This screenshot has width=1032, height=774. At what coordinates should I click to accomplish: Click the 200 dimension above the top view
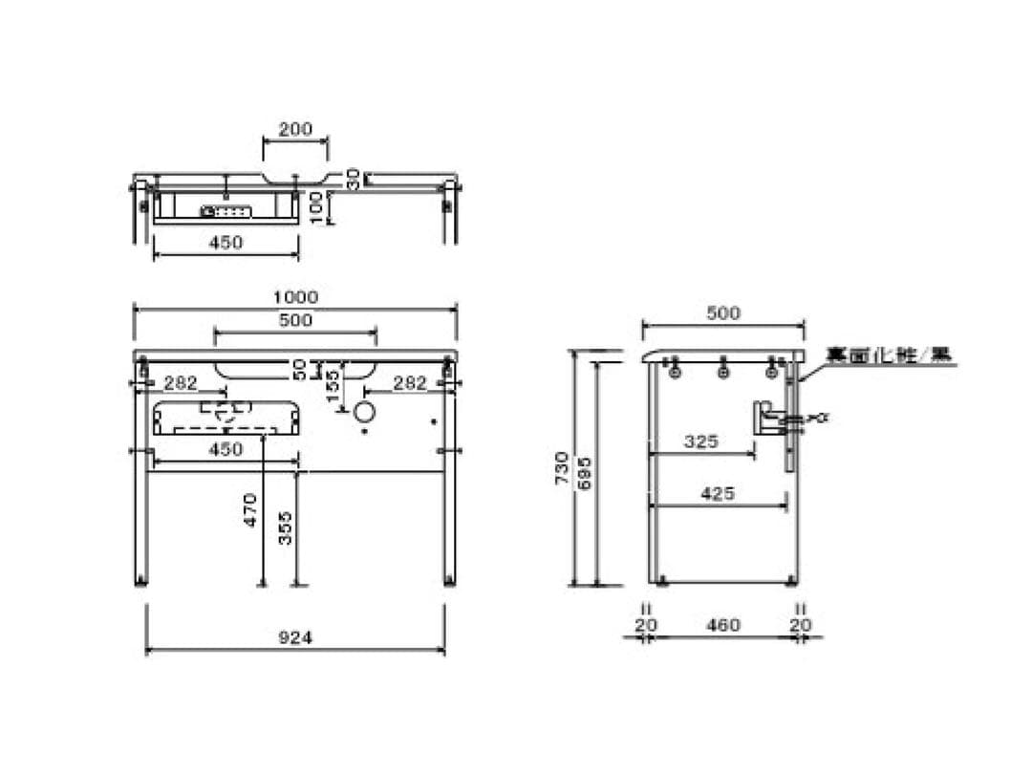tap(295, 129)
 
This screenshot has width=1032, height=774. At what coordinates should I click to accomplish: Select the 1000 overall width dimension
tap(295, 297)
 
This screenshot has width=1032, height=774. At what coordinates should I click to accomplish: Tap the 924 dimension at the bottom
tap(295, 636)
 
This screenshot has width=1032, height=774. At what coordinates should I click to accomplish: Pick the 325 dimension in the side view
tap(701, 441)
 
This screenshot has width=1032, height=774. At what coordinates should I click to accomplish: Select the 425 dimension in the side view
tap(718, 493)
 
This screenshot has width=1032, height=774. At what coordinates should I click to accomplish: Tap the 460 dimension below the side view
tap(723, 625)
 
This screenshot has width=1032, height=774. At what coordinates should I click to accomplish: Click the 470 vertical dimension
tap(250, 509)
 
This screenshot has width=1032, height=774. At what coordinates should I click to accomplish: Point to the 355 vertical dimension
tap(285, 527)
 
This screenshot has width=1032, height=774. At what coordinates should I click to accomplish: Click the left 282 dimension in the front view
tap(180, 382)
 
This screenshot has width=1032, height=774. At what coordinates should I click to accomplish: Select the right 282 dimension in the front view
tap(410, 382)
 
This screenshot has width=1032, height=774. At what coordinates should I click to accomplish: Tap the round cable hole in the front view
tap(365, 413)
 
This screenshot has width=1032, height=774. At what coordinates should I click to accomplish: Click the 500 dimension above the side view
tap(722, 312)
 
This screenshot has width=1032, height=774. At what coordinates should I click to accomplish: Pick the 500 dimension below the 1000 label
tap(295, 320)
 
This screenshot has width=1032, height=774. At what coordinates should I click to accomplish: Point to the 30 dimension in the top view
tap(353, 178)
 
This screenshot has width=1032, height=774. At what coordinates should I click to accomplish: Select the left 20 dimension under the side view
tap(647, 625)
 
